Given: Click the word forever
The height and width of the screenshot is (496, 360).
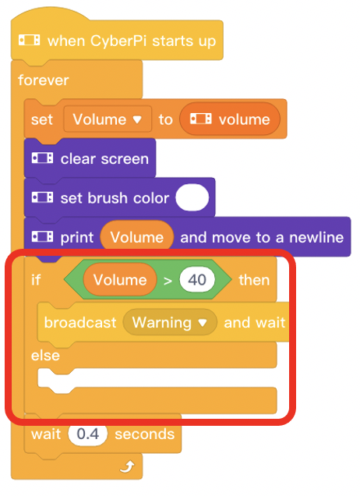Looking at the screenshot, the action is pos(44,80).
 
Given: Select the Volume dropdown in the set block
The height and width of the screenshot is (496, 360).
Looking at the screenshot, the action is pos(108,119).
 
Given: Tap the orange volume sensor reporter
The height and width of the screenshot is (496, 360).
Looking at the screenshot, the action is pos(230,119).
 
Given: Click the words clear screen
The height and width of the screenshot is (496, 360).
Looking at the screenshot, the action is pos(104,159).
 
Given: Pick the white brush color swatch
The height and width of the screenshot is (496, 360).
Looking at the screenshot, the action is pos(192,197).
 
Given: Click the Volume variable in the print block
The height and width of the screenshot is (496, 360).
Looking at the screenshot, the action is pos(137,237).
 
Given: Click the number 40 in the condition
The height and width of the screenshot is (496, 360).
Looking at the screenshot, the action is pos(197,280).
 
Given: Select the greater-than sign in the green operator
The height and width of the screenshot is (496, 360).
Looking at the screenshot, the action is pos(168,281).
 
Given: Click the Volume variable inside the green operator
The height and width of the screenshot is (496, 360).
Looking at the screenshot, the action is pos(120,280).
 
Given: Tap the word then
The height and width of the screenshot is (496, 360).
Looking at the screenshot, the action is pos(254,280).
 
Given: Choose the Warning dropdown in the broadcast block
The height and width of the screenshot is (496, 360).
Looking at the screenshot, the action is pos(170,323).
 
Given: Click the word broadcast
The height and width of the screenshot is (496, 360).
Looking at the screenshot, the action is pos(80,323).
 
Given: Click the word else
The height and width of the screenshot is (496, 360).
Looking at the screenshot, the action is pos(45,356).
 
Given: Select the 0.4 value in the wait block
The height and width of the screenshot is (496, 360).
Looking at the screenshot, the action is pos(88,434).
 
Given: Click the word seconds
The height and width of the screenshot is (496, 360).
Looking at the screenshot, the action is pos(144,434).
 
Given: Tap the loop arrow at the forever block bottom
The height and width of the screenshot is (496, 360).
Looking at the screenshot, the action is pos(127,466).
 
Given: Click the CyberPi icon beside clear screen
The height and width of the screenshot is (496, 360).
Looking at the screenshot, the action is pos(42,158).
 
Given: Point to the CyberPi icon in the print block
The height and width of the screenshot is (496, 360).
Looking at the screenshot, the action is pos(42,236).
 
